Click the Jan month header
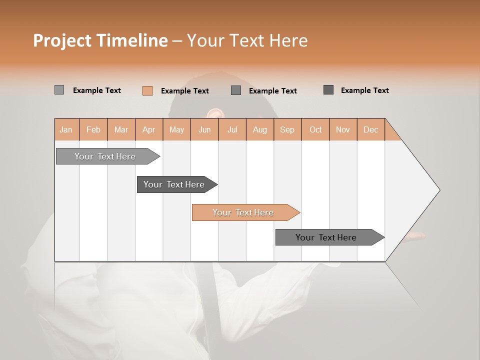coord(66,130)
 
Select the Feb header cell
coord(93,130)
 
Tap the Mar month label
coord(121,130)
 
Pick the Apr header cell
coord(149,130)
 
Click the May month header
coord(176,130)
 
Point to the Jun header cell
coord(204,130)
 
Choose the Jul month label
coord(232,130)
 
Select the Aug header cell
coord(260,130)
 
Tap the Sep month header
coord(287,130)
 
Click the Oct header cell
coord(315,130)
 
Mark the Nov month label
coord(343,130)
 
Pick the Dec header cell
coord(371,130)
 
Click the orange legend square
coord(147,90)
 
